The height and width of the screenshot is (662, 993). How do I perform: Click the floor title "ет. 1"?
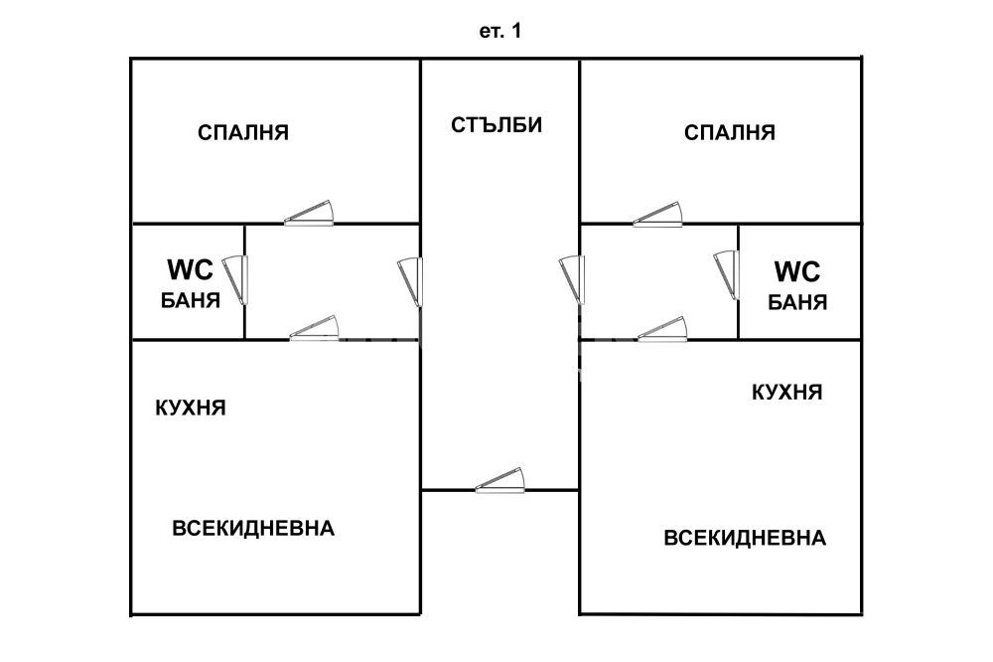[x=500, y=32]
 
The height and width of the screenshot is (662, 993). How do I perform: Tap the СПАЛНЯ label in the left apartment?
[x=243, y=132]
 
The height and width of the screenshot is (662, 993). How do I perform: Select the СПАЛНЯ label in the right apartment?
[x=730, y=132]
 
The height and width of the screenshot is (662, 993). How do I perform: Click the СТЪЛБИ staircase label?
[x=497, y=125]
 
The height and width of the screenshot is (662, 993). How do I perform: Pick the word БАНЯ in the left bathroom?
[x=191, y=300]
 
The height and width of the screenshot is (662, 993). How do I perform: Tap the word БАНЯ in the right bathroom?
[x=798, y=302]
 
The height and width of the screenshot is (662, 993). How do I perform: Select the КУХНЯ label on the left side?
[x=192, y=408]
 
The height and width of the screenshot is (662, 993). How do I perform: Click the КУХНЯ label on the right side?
[x=787, y=392]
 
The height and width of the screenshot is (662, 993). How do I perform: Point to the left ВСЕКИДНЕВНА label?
[x=253, y=528]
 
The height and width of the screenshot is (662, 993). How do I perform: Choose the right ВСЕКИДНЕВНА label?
[x=745, y=538]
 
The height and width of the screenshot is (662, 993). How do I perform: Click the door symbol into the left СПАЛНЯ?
[x=310, y=213]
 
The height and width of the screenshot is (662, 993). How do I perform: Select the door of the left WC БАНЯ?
[x=236, y=280]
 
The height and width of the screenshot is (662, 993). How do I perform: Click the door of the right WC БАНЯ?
[x=727, y=274]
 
